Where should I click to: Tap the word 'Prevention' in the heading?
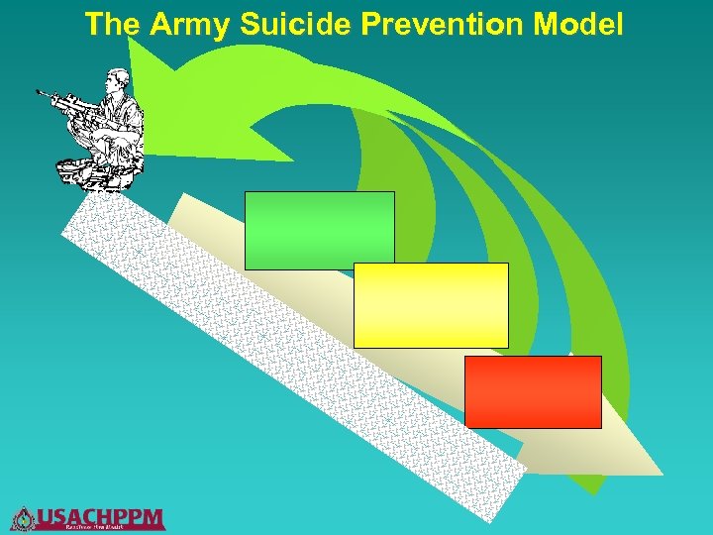[x=443, y=24]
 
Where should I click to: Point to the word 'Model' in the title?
[x=579, y=24]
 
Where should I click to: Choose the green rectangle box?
[x=319, y=230]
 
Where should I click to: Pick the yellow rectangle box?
[x=431, y=305]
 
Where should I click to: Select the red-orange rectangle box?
[x=533, y=391]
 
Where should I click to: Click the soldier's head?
[x=118, y=79]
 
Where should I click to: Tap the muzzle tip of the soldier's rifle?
[x=39, y=93]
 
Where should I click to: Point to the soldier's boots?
[x=99, y=178]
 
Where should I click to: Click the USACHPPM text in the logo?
[x=100, y=515]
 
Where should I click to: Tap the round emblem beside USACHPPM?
[x=23, y=518]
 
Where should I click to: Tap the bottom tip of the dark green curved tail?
[x=592, y=492]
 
